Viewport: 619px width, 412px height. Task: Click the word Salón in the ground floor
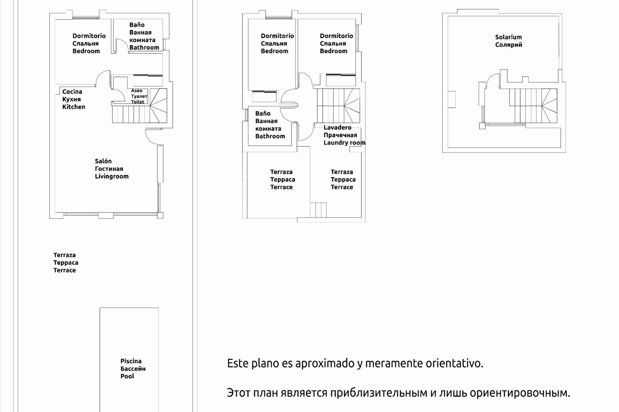(103, 161)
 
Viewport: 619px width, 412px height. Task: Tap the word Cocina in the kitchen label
(72, 92)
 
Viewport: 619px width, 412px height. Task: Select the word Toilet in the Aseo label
(138, 102)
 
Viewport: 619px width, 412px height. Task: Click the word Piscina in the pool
(131, 361)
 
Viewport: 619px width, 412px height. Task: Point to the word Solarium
(508, 37)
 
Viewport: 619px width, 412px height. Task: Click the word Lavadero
(337, 127)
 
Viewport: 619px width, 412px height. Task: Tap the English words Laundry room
(344, 143)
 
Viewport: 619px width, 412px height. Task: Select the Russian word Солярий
(508, 45)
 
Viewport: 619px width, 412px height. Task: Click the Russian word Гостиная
(109, 169)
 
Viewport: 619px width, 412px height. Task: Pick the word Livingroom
(112, 176)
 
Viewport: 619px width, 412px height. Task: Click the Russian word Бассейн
(133, 369)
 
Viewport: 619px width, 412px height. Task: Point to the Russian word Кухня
(72, 99)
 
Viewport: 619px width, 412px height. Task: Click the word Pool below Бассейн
(127, 376)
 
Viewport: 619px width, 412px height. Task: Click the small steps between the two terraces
(318, 210)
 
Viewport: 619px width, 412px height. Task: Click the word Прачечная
(340, 135)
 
